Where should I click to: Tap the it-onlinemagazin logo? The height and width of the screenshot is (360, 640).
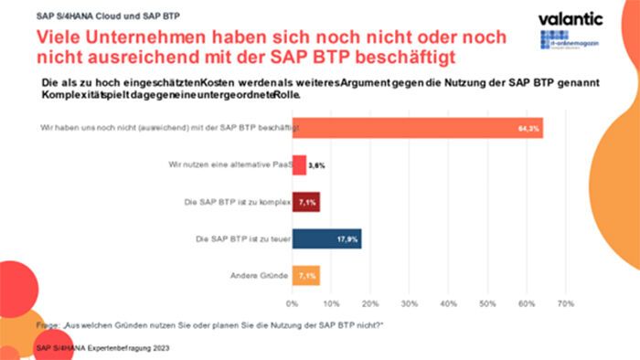point(567,42)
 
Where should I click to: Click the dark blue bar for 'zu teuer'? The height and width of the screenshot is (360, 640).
point(326,238)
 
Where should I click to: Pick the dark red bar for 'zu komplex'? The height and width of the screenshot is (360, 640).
point(305,202)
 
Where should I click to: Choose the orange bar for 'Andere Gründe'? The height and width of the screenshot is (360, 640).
point(305,274)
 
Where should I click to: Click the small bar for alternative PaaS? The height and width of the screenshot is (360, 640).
point(299,166)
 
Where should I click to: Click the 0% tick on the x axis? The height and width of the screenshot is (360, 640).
point(292,302)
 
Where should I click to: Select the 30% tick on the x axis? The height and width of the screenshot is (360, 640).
point(410,302)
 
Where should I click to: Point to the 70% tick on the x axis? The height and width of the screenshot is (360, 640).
point(565,302)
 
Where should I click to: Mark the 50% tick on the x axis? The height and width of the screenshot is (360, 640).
point(487,302)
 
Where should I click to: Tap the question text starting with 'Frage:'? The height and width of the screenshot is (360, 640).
point(210,325)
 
